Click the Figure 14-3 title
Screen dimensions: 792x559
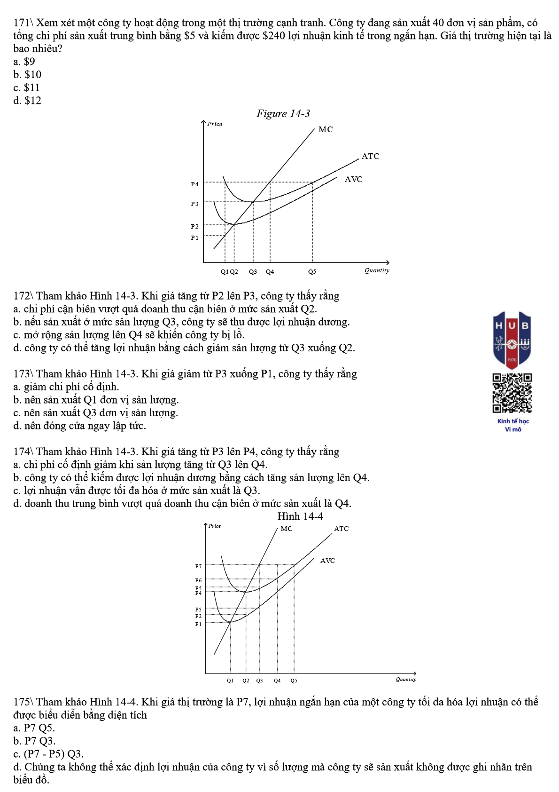(x=283, y=113)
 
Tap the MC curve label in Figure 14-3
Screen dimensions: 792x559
(x=326, y=129)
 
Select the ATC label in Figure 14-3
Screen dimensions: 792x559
(x=370, y=156)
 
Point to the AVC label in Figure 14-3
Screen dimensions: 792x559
(x=353, y=179)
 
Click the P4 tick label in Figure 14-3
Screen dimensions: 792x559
(x=194, y=184)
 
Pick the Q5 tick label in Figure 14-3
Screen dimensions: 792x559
(x=312, y=272)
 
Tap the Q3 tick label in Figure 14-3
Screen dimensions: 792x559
(x=253, y=272)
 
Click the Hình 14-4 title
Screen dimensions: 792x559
(x=300, y=516)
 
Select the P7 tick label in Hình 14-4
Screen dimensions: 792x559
(x=198, y=566)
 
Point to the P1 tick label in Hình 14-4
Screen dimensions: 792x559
(x=198, y=624)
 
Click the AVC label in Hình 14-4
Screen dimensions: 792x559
(x=327, y=561)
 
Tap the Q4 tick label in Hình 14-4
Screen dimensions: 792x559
(x=277, y=681)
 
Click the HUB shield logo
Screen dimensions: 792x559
(x=512, y=339)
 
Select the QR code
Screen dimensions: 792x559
(x=512, y=393)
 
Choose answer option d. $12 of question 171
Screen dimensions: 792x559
(x=27, y=101)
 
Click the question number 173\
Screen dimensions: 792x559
(x=23, y=374)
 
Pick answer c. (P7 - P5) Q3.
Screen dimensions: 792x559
(x=48, y=754)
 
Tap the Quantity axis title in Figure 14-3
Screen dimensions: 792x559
(x=377, y=270)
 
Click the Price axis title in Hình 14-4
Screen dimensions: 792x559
(x=215, y=526)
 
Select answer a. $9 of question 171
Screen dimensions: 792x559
(x=24, y=62)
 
